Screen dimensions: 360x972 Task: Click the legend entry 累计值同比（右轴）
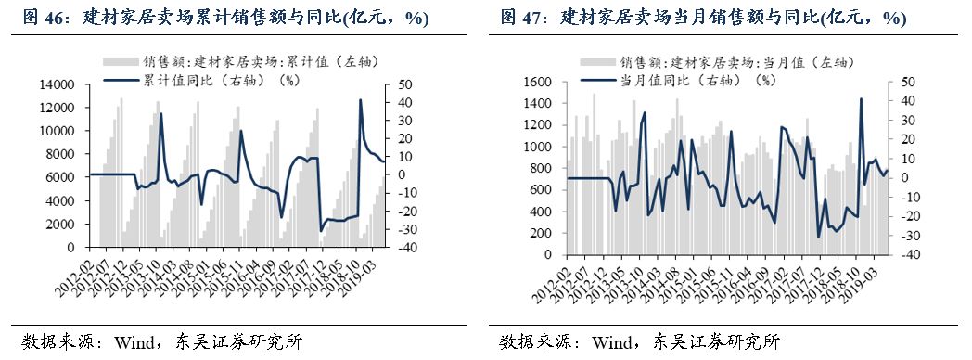tap(213, 80)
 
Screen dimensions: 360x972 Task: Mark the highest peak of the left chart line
tap(360, 100)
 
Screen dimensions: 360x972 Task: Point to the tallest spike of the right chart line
tap(862, 99)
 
